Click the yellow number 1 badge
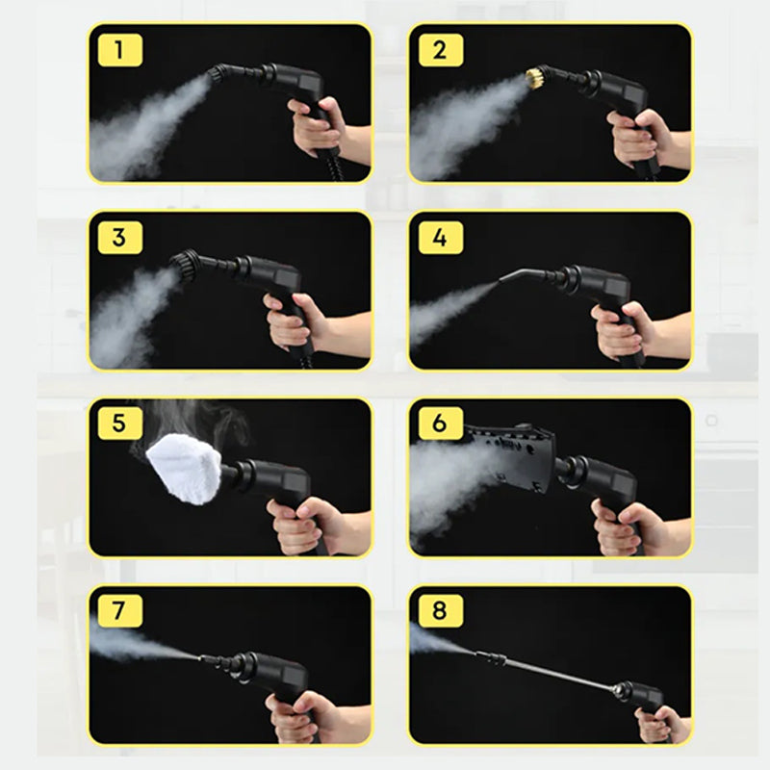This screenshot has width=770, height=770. coord(119,50)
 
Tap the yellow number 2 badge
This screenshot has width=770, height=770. coord(441,50)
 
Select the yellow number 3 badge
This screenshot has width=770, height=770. coord(119,238)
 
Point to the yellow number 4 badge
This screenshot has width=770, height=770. coord(441,238)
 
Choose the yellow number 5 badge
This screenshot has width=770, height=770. coord(119,423)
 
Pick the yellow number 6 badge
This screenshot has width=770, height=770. coord(441,423)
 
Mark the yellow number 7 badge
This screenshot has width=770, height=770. coord(119,611)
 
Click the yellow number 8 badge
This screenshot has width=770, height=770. coord(441,611)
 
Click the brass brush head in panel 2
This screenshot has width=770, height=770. coord(535,77)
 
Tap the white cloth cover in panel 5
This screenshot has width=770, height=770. coord(184,469)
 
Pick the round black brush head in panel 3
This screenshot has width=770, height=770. coord(185,266)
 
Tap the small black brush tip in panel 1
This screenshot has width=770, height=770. coord(216,74)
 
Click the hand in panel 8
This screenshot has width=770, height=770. coord(663,726)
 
